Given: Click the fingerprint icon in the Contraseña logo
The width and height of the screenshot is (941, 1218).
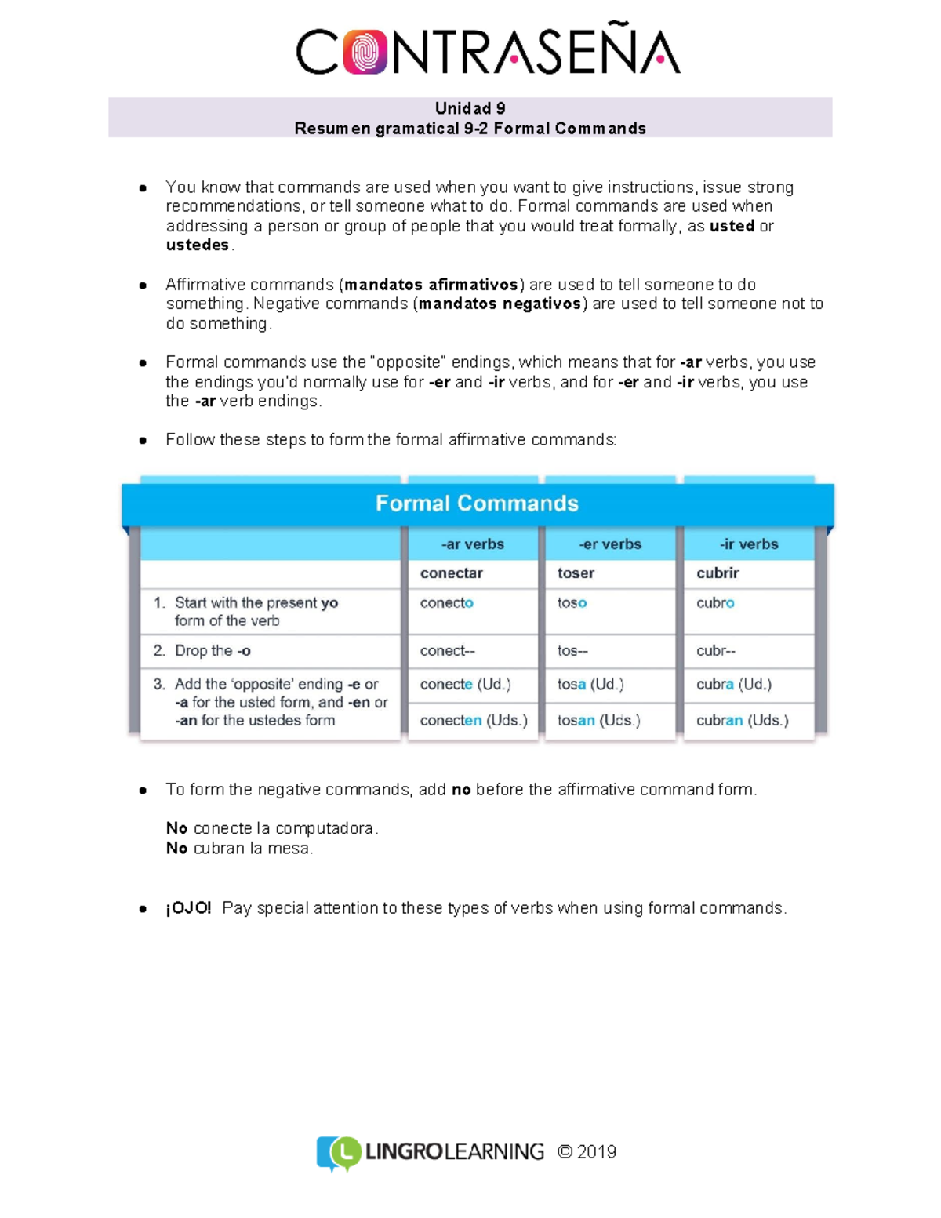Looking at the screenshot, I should [365, 52].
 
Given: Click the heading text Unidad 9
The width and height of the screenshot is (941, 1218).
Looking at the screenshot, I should [470, 108].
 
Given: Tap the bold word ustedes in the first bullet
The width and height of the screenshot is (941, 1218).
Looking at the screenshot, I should [198, 245].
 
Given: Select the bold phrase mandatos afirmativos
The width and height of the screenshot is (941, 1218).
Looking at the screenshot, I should [431, 284].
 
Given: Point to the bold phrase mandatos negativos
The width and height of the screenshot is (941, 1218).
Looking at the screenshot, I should [500, 304].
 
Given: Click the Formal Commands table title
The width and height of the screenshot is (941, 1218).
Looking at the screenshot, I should [477, 503].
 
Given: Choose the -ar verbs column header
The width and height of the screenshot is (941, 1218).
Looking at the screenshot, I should [472, 544].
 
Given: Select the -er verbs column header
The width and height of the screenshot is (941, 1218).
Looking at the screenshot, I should [610, 544].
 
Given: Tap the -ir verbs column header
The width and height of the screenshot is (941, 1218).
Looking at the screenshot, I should [749, 544].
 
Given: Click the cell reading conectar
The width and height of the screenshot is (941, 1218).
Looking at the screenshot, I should [452, 573].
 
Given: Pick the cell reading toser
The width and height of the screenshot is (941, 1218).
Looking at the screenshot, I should [576, 573].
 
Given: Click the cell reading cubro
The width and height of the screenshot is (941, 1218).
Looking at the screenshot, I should [715, 602].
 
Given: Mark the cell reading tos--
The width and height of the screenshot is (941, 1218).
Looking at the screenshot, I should [572, 650].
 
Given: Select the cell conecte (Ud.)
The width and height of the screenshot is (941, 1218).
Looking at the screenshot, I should [465, 684].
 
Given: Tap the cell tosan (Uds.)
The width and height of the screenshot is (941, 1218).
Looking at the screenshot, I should [598, 720].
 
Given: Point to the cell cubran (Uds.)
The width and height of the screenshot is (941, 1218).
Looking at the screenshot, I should [742, 720].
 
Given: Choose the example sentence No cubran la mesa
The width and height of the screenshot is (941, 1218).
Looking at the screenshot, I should [239, 848].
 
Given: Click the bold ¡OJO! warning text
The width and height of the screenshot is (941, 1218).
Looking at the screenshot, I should [188, 907].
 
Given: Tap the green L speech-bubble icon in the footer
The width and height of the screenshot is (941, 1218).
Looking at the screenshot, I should [343, 1152].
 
